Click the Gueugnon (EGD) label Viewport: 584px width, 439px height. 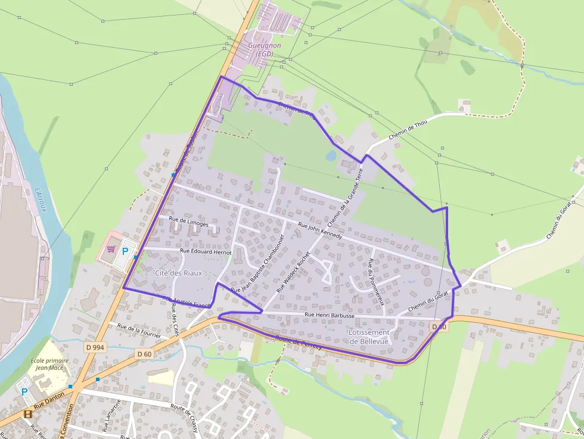coord(264,49)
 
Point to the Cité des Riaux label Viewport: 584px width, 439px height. coord(179,273)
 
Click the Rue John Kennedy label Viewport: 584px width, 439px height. coord(319,231)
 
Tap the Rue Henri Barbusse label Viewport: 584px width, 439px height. coord(329,315)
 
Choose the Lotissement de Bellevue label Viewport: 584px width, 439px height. coord(369,337)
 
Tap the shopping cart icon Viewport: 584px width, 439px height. coord(111,250)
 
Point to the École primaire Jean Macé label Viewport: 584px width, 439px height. coord(49,364)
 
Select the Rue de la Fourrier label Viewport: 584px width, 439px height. coord(139,331)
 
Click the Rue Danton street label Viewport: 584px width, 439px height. coord(49,406)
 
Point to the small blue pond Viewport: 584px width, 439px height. coord(331,155)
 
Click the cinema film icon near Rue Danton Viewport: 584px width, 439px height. coord(27,414)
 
